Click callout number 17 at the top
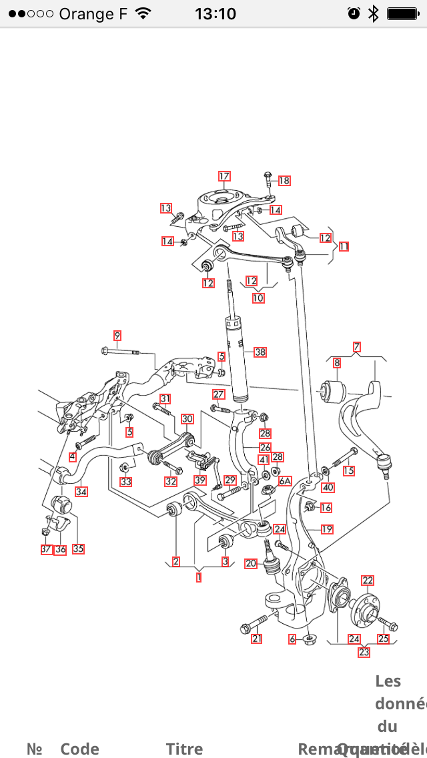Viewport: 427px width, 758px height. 224,176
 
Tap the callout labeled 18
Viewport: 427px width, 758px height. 284,181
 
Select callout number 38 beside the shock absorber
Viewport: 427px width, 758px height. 260,352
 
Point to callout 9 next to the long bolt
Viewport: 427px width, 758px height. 117,335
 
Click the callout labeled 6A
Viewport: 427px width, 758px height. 286,480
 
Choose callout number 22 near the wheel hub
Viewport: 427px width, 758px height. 368,581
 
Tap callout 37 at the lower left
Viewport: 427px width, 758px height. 45,549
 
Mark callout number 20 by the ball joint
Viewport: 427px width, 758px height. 250,563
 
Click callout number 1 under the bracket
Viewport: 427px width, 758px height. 199,577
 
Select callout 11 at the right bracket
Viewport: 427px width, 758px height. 344,246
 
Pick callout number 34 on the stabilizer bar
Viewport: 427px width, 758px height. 81,492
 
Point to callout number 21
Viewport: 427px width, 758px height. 257,639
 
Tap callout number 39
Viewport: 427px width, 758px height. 200,480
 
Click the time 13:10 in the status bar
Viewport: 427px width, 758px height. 216,13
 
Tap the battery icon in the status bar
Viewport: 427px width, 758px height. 402,13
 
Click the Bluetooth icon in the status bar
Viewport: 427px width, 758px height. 374,13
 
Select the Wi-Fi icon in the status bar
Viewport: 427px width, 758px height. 143,13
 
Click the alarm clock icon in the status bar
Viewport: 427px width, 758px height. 354,13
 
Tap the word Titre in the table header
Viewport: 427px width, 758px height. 184,749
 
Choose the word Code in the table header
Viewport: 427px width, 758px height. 79,749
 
